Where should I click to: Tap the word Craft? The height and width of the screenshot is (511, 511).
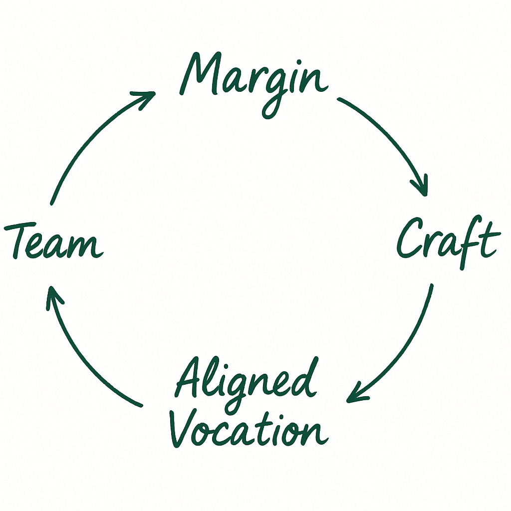coord(448,241)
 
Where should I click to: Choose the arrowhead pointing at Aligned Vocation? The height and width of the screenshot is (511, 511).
coord(355,395)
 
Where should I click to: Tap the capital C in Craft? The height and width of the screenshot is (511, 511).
coord(412,240)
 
